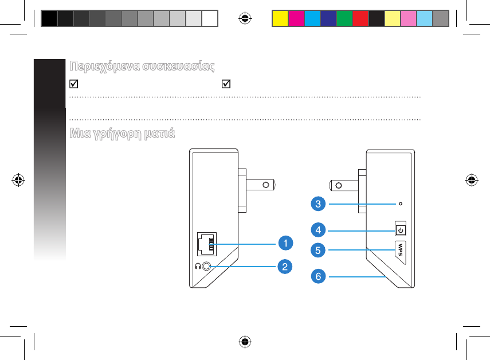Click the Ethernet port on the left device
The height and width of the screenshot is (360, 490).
click(206, 245)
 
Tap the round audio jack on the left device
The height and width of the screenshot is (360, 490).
click(207, 266)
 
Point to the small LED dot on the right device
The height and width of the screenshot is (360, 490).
click(400, 203)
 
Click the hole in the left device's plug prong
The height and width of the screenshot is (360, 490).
click(265, 185)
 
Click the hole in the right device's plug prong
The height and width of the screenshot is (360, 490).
click(339, 185)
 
